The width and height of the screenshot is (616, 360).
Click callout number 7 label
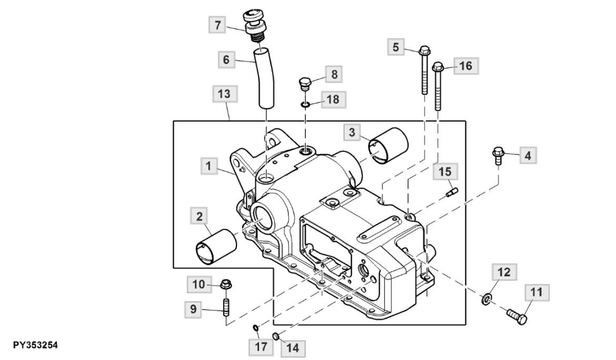[x=217, y=25]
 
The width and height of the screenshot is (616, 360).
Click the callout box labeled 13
[x=224, y=94]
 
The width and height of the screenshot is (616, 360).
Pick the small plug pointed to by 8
[x=305, y=84]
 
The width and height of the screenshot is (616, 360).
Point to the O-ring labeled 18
[x=305, y=104]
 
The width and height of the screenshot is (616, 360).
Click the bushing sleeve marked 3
[x=388, y=144]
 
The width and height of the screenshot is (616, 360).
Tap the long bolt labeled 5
[x=424, y=70]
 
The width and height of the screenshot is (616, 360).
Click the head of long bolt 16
[x=438, y=67]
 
